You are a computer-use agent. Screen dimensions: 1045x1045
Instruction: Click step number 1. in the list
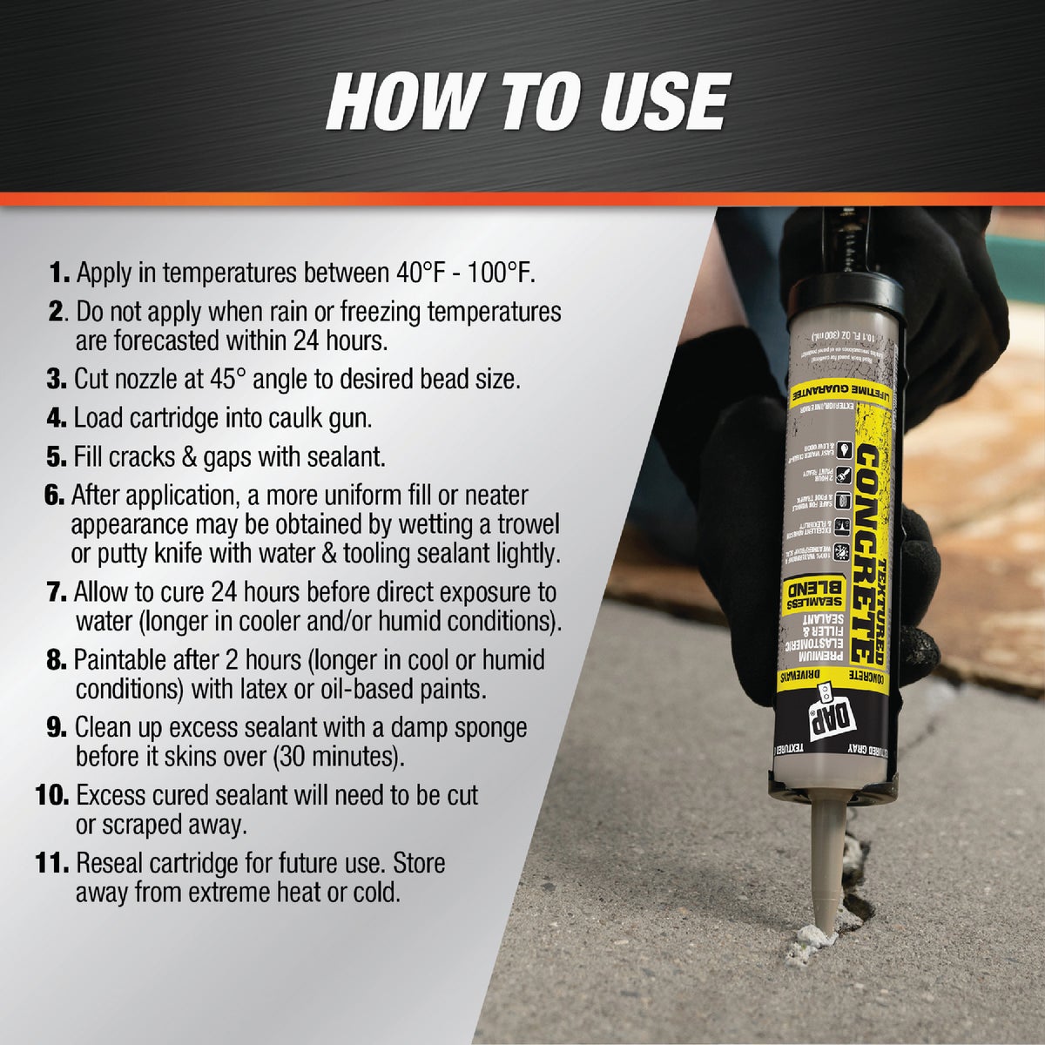coord(59,273)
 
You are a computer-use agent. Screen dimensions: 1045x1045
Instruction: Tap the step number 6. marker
coord(54,496)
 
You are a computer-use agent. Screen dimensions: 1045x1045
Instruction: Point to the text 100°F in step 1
coord(493,273)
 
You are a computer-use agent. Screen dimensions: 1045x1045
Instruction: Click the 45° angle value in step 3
coord(237,380)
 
